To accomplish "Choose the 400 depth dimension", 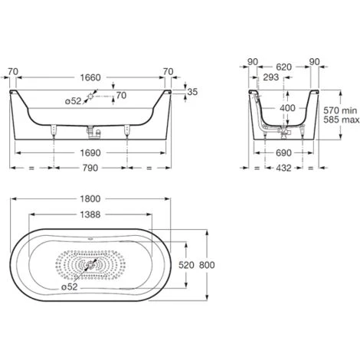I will tap(285, 108).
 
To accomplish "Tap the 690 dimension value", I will tap(283, 152).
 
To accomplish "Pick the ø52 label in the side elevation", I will tap(73, 100).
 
